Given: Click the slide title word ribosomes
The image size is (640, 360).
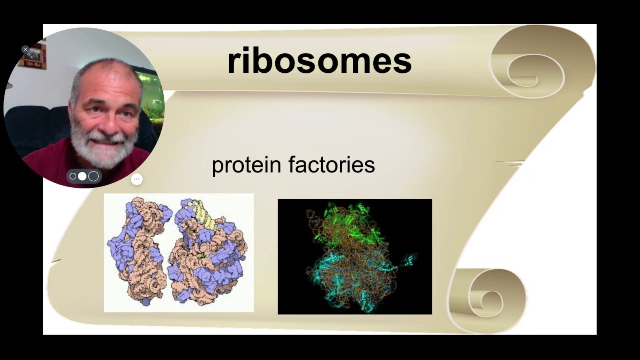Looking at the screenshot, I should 319,61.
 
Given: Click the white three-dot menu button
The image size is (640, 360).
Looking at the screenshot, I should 137,179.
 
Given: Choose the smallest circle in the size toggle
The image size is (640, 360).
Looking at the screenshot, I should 73,176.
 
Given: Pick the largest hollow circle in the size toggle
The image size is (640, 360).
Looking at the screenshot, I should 93,176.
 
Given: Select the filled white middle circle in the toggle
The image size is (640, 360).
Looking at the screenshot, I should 82,176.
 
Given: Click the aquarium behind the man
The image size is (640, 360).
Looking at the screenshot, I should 152,95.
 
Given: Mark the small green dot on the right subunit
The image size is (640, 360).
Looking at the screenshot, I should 203,256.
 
